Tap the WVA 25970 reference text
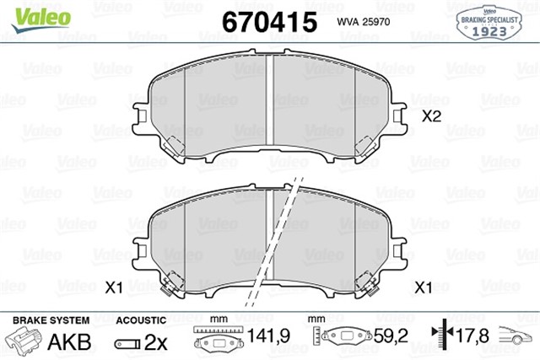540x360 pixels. pyautogui.click(x=361, y=22)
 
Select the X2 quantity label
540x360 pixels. pyautogui.click(x=431, y=118)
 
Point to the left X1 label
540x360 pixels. pyautogui.click(x=115, y=288)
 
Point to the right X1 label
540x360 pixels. pyautogui.click(x=425, y=288)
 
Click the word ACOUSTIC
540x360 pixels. pyautogui.click(x=140, y=320)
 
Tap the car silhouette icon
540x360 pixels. pyautogui.click(x=517, y=338)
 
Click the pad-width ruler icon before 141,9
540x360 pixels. pyautogui.click(x=219, y=339)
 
